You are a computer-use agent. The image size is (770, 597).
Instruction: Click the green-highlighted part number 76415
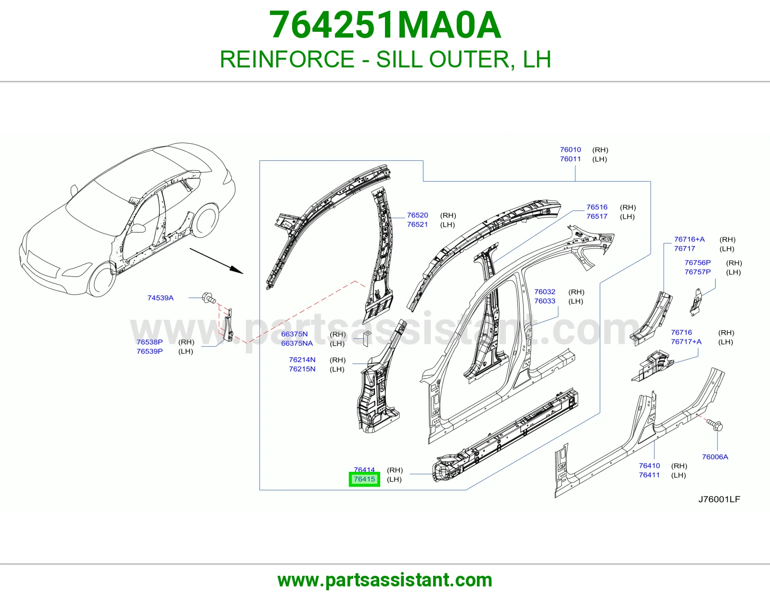(364, 480)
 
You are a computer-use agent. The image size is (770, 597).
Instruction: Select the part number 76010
(570, 150)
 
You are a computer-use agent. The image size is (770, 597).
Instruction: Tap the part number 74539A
(161, 298)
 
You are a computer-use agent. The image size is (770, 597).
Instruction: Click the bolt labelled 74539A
(208, 298)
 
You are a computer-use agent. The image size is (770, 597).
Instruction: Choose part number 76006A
(715, 456)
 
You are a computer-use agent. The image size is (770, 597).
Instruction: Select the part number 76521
(417, 224)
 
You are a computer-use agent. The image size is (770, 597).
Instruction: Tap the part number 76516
(597, 207)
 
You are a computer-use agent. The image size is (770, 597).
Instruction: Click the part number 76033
(545, 301)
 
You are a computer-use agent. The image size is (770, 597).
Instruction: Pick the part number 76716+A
(689, 239)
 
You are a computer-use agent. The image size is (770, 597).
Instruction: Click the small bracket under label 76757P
(696, 302)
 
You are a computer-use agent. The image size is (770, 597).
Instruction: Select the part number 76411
(650, 475)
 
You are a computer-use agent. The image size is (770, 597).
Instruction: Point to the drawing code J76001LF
(719, 499)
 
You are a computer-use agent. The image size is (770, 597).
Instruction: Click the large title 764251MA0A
(385, 25)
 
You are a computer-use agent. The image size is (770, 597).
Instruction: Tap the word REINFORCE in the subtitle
(287, 59)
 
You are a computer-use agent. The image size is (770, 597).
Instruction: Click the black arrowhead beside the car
(236, 270)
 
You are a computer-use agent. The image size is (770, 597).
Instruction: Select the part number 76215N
(302, 369)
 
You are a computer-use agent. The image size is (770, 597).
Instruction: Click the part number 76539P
(150, 351)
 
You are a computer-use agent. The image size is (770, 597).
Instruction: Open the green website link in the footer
(385, 580)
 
